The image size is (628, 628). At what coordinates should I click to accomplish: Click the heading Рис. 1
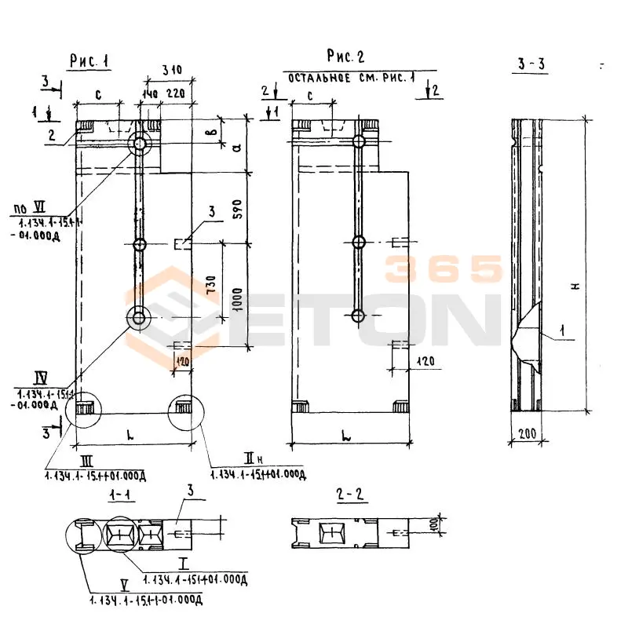[87, 62]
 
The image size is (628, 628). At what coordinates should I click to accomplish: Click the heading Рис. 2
[345, 57]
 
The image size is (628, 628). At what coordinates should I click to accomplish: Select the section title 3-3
[531, 65]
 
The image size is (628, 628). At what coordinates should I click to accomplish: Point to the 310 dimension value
[170, 70]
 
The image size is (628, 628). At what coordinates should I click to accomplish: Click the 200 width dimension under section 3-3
[527, 433]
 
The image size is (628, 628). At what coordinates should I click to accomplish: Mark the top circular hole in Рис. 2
[360, 142]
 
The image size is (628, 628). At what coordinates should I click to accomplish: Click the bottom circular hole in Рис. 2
[359, 316]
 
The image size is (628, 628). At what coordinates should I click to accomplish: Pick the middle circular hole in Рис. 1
[140, 244]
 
